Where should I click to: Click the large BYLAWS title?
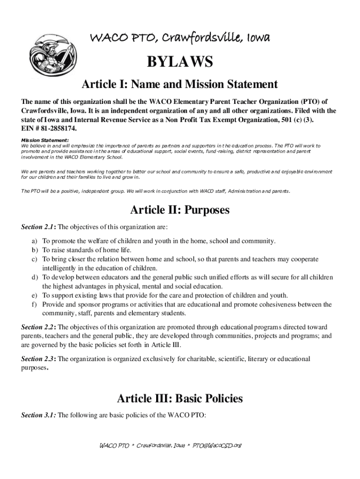[180, 62]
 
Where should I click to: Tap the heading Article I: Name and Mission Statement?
[180, 85]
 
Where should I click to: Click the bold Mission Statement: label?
[45, 140]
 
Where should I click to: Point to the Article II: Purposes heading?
[180, 210]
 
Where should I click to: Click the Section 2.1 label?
[38, 227]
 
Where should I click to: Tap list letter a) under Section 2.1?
[35, 241]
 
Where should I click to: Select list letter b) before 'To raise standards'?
[35, 250]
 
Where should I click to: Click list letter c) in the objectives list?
[35, 259]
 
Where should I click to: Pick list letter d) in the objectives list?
[35, 277]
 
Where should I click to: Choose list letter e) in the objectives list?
[35, 296]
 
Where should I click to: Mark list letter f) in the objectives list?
[35, 305]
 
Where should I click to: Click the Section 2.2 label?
[38, 327]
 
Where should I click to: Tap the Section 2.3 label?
[38, 359]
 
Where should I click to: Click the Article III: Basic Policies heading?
[180, 399]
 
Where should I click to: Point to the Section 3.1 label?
[38, 414]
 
